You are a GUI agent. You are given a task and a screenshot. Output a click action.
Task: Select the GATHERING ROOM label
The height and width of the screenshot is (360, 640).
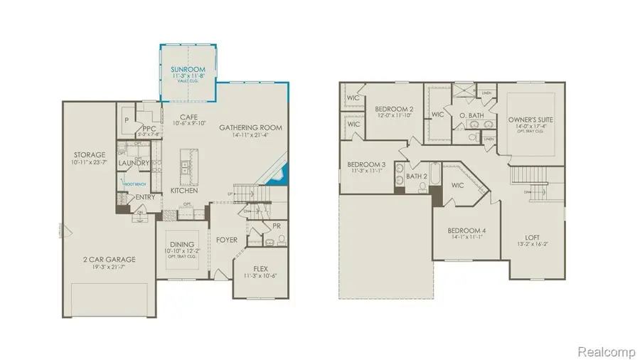pyautogui.click(x=250, y=127)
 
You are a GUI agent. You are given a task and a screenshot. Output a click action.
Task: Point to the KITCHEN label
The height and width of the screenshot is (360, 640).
pyautogui.click(x=184, y=191)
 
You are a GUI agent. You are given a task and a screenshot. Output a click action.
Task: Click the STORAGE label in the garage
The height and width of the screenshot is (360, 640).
pyautogui.click(x=90, y=154)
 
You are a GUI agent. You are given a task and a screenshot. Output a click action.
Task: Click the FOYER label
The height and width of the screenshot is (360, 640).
pyautogui.click(x=227, y=240)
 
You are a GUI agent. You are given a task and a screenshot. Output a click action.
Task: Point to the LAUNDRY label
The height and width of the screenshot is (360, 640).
pyautogui.click(x=134, y=164)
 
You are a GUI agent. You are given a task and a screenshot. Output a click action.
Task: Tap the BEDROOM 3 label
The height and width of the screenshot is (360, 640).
pyautogui.click(x=361, y=164)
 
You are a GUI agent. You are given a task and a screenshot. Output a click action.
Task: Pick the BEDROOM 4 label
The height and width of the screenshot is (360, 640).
pyautogui.click(x=466, y=231)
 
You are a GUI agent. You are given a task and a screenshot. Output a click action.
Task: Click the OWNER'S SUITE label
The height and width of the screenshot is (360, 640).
pyautogui.click(x=530, y=120)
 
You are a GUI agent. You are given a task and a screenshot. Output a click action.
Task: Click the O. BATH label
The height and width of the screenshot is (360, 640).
pyautogui.click(x=472, y=115)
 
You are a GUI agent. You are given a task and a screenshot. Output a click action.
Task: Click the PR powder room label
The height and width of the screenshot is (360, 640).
pyautogui.click(x=275, y=226)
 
